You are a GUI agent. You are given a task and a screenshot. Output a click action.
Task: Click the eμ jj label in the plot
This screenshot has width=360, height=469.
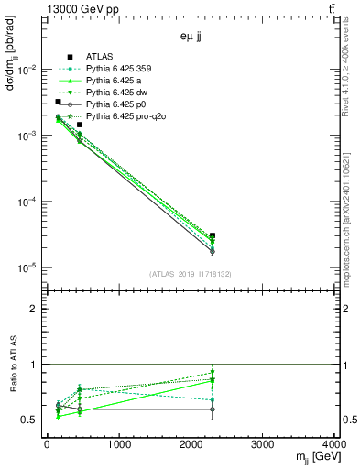coord(191,38)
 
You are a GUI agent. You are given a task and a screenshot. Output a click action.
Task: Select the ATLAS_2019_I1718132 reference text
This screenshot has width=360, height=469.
coord(190,274)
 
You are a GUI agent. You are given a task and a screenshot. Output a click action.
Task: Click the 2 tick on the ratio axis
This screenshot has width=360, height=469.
coord(37,309)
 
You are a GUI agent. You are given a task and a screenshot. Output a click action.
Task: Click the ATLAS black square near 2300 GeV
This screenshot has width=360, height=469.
coord(213,235)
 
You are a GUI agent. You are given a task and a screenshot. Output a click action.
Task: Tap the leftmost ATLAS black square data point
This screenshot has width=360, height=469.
coord(58,102)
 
